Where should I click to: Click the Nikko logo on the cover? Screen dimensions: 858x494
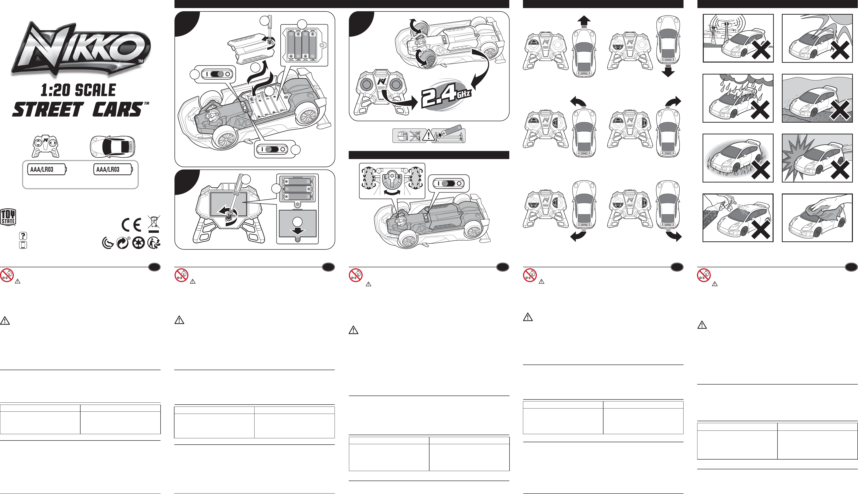tap(81, 49)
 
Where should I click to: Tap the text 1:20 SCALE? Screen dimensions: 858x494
tap(78, 90)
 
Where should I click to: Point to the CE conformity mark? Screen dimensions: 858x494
tap(132, 225)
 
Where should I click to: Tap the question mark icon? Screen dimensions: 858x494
tap(23, 236)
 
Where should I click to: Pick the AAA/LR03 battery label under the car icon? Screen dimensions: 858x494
tap(113, 169)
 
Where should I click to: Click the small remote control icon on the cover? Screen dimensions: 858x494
tap(45, 146)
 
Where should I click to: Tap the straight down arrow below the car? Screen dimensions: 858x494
tap(668, 71)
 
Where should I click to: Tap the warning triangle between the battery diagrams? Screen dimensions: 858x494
tap(429, 135)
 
